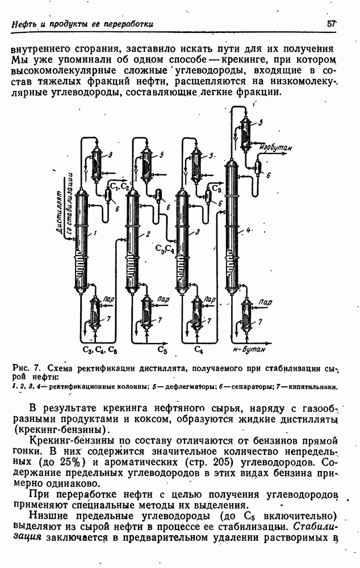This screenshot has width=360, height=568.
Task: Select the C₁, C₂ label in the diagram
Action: coord(120,186)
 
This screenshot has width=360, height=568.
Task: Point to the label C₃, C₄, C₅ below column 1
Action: coord(99,349)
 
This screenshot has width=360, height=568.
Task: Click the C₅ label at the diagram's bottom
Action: coord(162,349)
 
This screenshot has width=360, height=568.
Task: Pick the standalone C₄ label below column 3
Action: coord(198,349)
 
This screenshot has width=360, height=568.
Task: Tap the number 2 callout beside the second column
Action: coord(147,233)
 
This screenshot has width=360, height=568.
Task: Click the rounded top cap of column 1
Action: coord(82,194)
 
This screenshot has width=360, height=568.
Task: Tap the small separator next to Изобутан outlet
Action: coord(258,166)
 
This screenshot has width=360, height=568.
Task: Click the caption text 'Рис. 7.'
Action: coord(23,367)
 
